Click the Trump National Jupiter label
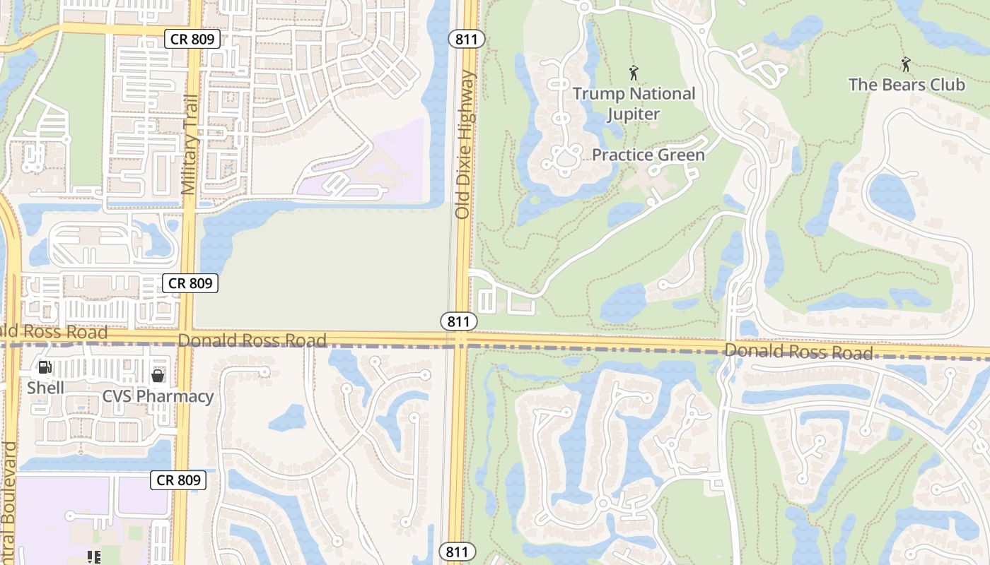coord(634,103)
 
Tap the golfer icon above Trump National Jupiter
coord(634,73)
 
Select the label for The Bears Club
coord(906,85)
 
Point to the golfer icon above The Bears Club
coord(906,64)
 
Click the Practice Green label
coord(648,155)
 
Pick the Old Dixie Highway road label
coord(463,144)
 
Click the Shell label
coord(46,388)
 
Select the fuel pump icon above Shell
coord(45,367)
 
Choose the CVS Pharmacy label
coord(158,396)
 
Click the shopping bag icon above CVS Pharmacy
coord(158,376)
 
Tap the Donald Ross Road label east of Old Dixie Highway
coord(798,351)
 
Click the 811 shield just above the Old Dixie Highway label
coord(467,40)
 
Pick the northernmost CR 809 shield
coord(192,40)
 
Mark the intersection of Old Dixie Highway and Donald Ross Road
coord(460,340)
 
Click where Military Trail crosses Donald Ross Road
coord(185,340)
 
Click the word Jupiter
coord(634,114)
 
